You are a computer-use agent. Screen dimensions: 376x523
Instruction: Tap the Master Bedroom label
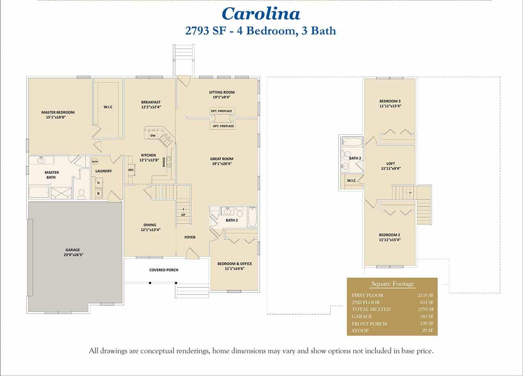(58, 112)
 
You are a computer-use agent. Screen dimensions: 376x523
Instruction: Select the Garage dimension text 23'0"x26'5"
(73, 254)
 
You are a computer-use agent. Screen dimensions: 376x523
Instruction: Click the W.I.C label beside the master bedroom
(108, 107)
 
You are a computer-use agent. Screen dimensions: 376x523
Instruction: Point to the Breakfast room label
(151, 102)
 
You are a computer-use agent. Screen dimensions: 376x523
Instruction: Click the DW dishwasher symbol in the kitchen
(153, 135)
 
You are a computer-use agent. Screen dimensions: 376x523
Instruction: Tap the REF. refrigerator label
(131, 170)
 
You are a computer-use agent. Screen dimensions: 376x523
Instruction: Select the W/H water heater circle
(95, 161)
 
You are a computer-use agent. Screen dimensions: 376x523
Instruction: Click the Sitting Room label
(222, 92)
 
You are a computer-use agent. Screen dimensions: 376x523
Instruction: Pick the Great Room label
(222, 159)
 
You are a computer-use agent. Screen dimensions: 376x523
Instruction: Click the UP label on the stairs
(183, 214)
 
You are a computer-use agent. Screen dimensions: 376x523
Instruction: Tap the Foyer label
(190, 237)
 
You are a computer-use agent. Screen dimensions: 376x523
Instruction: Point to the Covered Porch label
(163, 270)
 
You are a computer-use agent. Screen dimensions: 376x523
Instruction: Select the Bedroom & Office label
(234, 264)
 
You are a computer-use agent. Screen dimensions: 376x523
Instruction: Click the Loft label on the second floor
(390, 163)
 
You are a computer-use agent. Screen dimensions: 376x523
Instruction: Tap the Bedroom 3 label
(390, 101)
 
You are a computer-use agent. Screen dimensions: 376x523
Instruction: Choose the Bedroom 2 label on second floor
(389, 235)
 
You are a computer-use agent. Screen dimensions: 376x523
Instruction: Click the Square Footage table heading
(393, 284)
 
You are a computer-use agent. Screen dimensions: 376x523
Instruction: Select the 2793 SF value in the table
(426, 309)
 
